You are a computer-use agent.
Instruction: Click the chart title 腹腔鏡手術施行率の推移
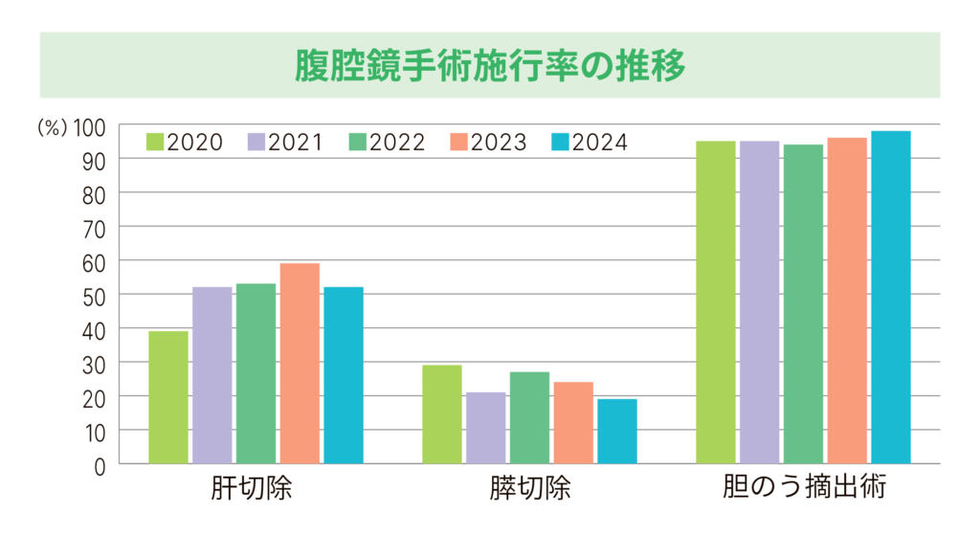tap(489, 65)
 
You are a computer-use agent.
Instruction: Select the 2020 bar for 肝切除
tap(168, 397)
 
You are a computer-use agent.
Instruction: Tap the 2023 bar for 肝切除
tap(300, 364)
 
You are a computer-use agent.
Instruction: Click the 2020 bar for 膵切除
tap(442, 414)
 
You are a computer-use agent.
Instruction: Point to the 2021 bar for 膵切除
tap(486, 428)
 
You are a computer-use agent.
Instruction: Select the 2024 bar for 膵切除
tap(617, 432)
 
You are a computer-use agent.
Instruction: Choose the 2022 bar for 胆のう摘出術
tap(804, 304)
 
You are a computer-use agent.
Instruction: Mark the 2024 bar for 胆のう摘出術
tap(891, 298)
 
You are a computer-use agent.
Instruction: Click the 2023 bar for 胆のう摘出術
tap(847, 301)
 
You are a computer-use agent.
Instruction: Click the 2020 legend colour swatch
tap(155, 143)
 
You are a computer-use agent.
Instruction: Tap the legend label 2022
tap(397, 143)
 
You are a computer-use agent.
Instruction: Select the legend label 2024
tap(600, 143)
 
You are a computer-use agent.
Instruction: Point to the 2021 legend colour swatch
tap(256, 143)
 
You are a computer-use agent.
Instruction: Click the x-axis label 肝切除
tap(254, 490)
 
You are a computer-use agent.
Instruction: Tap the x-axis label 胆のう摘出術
tap(804, 488)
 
